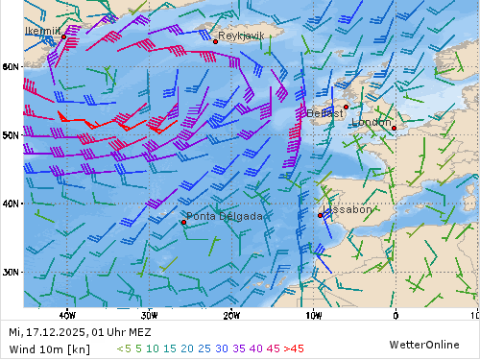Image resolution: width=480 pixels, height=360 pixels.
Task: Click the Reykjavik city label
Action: point(240,36)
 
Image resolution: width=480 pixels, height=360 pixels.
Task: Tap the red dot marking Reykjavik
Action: point(215,41)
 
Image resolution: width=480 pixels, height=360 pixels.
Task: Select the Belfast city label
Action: point(325,113)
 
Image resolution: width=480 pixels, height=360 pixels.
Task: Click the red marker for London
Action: point(394,128)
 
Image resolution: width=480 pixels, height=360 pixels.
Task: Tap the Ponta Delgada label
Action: point(224,216)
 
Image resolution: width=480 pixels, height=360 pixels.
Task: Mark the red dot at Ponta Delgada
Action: point(183,223)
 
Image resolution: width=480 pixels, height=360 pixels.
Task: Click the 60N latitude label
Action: point(11,66)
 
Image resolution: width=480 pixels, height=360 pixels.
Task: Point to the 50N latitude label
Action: point(11,134)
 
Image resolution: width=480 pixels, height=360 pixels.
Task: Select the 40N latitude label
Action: point(11,203)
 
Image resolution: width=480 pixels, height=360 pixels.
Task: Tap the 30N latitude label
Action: point(11,272)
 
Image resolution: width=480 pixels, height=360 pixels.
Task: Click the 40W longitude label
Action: point(67,314)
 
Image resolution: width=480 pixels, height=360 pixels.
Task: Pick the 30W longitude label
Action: point(149,314)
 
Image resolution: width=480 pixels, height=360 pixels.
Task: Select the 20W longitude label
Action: point(231,314)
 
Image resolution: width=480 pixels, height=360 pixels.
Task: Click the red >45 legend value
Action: point(294,348)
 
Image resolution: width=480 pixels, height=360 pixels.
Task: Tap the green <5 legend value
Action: point(123,348)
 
